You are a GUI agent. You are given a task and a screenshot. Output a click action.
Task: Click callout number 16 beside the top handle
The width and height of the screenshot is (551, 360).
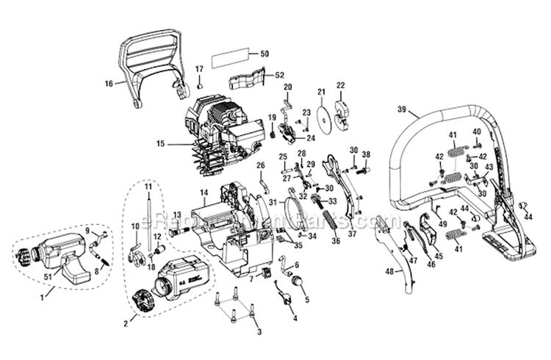coord(109,84)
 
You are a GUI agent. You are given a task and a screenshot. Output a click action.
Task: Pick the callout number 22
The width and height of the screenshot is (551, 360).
coord(339,85)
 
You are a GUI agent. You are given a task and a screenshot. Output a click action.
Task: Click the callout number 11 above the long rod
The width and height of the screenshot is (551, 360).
coord(148,187)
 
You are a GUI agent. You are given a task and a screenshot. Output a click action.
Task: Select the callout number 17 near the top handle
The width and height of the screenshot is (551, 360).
coord(199,69)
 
